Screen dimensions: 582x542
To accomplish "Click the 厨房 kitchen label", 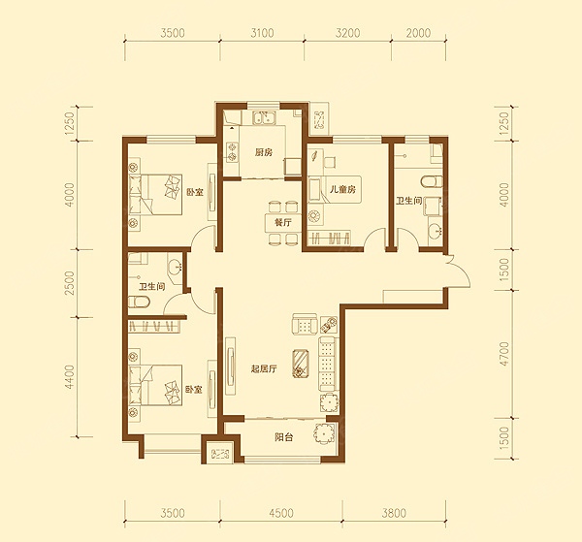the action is [264, 152].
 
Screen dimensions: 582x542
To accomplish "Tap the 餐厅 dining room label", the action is [283, 223].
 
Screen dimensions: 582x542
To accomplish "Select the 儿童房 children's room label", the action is [342, 190].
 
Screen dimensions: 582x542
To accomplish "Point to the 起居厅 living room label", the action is [264, 369].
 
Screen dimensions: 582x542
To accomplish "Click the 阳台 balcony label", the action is [284, 437].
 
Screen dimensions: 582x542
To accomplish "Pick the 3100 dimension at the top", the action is [262, 33].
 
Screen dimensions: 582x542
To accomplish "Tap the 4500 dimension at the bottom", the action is [281, 514].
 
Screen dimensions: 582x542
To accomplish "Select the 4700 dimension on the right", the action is [503, 354].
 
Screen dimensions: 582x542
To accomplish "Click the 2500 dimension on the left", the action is [70, 283].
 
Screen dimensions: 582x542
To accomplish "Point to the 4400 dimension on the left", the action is [70, 377].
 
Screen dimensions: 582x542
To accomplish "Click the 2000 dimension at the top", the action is [418, 33].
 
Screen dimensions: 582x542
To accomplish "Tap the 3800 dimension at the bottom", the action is [394, 514].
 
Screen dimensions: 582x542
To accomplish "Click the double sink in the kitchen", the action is [264, 118].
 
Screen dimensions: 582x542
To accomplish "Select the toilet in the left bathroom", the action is [139, 302].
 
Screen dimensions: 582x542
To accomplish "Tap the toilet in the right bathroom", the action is [433, 181].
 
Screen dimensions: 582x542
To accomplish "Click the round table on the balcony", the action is [325, 434].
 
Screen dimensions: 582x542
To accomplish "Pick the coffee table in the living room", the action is [301, 364].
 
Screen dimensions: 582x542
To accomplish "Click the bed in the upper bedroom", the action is [156, 195].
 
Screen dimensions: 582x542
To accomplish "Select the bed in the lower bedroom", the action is [156, 385].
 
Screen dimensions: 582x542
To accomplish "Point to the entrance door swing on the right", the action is [459, 271].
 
